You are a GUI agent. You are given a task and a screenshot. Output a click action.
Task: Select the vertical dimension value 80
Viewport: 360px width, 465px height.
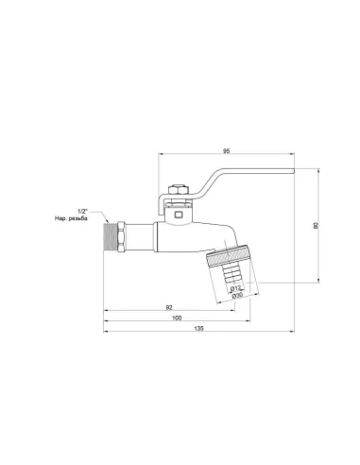click(x=316, y=225)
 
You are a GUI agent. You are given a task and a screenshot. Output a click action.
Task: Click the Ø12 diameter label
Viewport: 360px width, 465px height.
click(x=236, y=286)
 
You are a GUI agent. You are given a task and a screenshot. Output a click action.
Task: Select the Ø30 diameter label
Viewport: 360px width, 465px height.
click(x=237, y=296)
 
